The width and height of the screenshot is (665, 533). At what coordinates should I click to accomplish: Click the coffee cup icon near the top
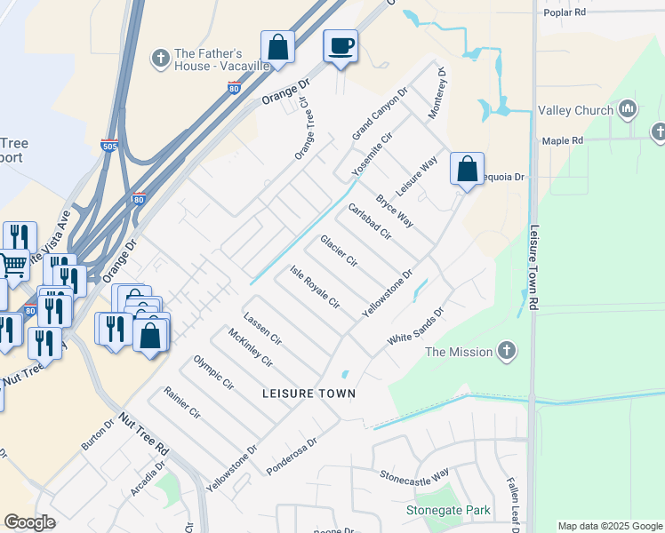[x=341, y=46]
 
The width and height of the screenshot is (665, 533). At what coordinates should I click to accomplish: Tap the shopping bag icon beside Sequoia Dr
[x=467, y=169]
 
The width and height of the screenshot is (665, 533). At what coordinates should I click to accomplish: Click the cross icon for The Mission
[x=507, y=351]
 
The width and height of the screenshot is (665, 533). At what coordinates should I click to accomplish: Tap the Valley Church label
[x=575, y=110]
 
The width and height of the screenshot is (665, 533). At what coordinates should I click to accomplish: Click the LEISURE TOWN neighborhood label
[x=308, y=393]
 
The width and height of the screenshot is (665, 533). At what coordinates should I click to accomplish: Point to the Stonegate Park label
[x=448, y=511]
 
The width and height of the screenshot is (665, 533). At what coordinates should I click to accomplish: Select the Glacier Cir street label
[x=339, y=251]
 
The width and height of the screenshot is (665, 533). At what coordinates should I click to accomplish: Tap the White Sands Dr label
[x=414, y=329]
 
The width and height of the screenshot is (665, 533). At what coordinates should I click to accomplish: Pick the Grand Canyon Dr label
[x=379, y=113]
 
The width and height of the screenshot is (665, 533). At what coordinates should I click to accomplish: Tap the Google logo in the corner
[x=29, y=522]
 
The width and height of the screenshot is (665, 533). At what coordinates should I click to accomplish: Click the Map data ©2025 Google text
[x=610, y=526]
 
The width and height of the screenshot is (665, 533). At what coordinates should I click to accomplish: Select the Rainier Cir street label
[x=182, y=402]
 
